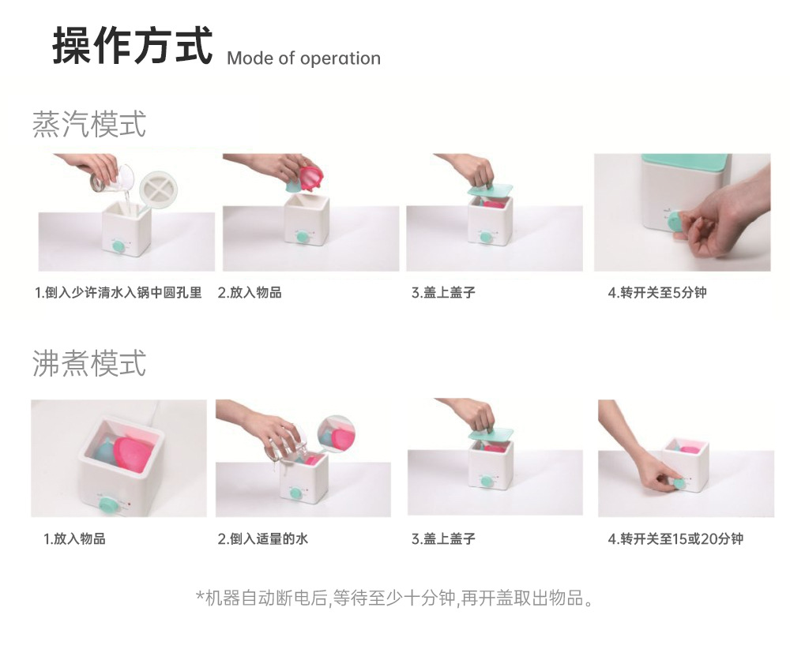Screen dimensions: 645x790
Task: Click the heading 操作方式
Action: pos(132,46)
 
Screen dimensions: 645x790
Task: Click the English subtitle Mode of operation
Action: pos(303,58)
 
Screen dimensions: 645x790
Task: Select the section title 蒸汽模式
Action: pos(89,124)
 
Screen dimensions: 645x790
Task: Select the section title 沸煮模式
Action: pos(89,363)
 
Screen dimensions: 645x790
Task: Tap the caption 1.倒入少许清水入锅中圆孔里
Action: pos(118,293)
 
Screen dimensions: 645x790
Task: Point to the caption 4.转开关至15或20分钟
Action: pos(675,539)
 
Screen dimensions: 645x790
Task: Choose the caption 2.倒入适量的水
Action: pos(262,539)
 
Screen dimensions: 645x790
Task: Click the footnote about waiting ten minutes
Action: pos(394,598)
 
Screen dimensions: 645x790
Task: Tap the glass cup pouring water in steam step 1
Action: pos(111,179)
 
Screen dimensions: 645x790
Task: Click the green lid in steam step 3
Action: pos(490,189)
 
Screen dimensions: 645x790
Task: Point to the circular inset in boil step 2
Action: pos(336,435)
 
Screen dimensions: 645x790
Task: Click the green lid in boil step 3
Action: pos(491,433)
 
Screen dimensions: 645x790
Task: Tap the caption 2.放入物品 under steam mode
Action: pos(250,293)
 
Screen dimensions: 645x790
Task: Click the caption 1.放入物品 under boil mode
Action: pos(74,539)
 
